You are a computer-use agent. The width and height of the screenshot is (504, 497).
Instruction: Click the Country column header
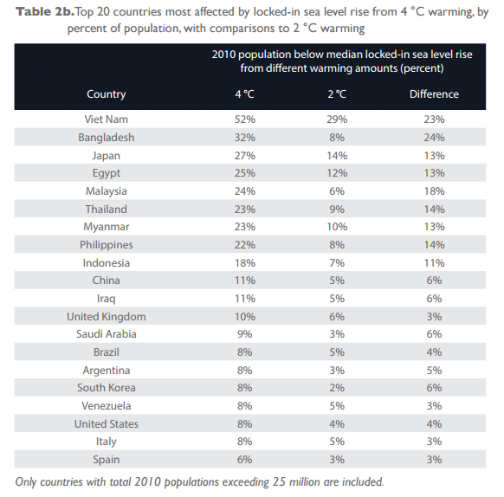pyautogui.click(x=107, y=94)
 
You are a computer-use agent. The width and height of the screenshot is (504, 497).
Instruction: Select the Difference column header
pyautogui.click(x=434, y=94)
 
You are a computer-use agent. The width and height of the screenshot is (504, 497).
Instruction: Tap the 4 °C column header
pyautogui.click(x=244, y=94)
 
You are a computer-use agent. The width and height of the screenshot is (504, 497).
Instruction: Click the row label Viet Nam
pyautogui.click(x=107, y=119)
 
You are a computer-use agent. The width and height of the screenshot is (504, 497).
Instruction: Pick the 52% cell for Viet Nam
pyautogui.click(x=244, y=119)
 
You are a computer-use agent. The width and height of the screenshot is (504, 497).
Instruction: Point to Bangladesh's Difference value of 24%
pyautogui.click(x=434, y=138)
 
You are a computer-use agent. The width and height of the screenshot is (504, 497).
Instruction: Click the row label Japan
pyautogui.click(x=107, y=156)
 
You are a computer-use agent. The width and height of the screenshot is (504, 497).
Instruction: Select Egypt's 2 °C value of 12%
pyautogui.click(x=339, y=173)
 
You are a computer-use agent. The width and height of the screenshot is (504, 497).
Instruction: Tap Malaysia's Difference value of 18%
pyautogui.click(x=434, y=191)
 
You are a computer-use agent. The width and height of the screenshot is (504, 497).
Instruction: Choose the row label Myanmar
pyautogui.click(x=107, y=227)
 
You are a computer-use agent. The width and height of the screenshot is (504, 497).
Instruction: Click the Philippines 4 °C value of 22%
pyautogui.click(x=244, y=245)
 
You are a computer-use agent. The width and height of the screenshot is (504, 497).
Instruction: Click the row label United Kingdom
pyautogui.click(x=107, y=317)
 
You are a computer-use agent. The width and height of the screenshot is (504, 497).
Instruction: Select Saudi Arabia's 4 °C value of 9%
pyautogui.click(x=244, y=334)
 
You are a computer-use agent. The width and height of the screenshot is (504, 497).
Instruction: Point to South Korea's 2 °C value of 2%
pyautogui.click(x=339, y=388)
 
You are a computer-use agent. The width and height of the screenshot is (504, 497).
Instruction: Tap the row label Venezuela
pyautogui.click(x=107, y=406)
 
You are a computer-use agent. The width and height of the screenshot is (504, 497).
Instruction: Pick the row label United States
pyautogui.click(x=107, y=424)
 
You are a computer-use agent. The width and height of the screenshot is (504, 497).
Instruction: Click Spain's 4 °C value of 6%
pyautogui.click(x=244, y=460)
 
